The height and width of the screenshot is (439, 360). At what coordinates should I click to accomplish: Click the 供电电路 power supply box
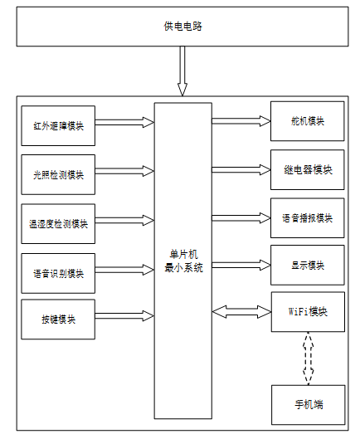pos(182,27)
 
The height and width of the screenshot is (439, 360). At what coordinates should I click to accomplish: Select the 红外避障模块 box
pos(58,125)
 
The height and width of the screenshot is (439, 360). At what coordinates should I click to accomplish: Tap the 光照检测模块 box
pos(58,175)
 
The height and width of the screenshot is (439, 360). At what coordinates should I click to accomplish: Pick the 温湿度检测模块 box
pos(58,224)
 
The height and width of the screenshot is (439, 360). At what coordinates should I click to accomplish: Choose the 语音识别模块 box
pos(58,273)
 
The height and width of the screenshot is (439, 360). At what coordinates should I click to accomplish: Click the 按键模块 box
pos(58,319)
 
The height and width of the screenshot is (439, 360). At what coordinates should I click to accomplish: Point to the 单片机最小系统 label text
pos(183,261)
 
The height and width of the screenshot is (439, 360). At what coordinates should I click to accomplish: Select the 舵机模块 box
pos(308,121)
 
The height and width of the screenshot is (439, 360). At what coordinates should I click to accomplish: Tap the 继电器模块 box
pos(308,169)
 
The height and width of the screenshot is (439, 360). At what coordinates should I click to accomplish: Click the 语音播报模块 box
pos(308,218)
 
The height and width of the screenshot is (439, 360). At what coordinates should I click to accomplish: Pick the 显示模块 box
pos(308,265)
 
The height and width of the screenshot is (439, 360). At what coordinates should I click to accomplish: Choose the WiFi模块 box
pos(308,312)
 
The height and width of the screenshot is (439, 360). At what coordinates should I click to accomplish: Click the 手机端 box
pos(309,405)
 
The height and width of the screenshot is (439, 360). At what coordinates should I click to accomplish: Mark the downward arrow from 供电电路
pos(182,71)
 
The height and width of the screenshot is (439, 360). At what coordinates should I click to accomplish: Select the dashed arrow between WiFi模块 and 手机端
pos(309,359)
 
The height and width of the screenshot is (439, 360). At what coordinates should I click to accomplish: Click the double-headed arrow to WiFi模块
pos(241,311)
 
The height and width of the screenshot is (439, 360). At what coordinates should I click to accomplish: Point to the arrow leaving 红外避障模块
pos(124,122)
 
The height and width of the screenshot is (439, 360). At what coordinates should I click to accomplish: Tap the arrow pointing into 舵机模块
pos(241,121)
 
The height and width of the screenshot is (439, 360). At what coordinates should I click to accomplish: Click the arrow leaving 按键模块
pos(124,316)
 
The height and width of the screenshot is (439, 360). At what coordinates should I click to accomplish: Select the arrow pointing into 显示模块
pos(241,265)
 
